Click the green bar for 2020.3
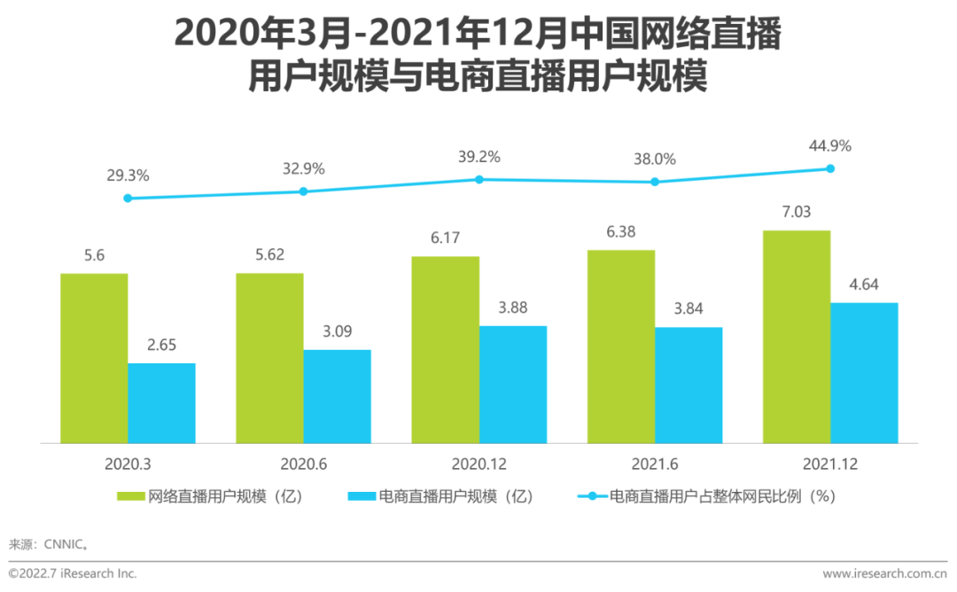click(94, 358)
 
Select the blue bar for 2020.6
click(337, 396)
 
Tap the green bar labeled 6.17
click(445, 349)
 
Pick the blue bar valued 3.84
click(689, 385)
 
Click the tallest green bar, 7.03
click(796, 337)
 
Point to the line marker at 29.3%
click(128, 199)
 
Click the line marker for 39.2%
click(479, 179)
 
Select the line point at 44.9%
click(830, 168)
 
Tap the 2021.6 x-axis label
click(655, 463)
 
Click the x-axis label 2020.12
click(479, 463)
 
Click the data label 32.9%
click(303, 168)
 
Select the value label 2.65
click(161, 346)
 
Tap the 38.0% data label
click(655, 160)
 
